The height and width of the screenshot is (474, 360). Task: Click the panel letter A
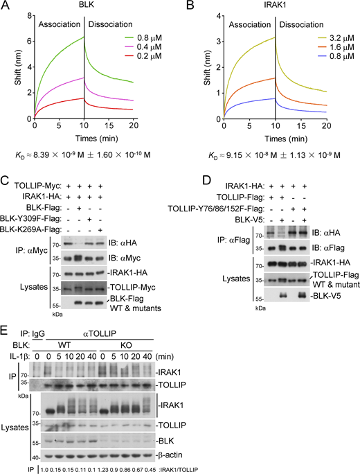[8, 6]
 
